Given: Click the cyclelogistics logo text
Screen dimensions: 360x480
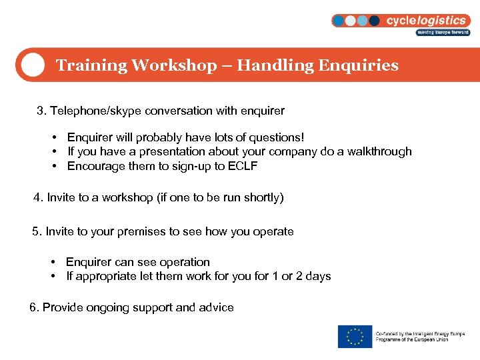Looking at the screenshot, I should coord(427,20).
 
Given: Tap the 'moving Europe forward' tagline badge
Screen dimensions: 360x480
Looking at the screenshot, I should coord(443,32).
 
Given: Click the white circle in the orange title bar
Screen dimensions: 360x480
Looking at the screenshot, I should coord(31,65).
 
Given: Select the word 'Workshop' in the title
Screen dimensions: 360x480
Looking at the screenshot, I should coord(174,65).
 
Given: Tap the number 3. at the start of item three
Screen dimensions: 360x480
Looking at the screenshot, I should coord(41,111).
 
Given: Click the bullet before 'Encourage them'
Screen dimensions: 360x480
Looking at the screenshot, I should coord(53,166).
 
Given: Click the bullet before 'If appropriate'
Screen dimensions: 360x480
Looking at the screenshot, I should coord(52,276).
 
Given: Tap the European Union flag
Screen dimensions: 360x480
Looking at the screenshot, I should coord(355,336).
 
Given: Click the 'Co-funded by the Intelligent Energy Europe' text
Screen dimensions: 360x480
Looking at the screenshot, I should coord(420,333).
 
